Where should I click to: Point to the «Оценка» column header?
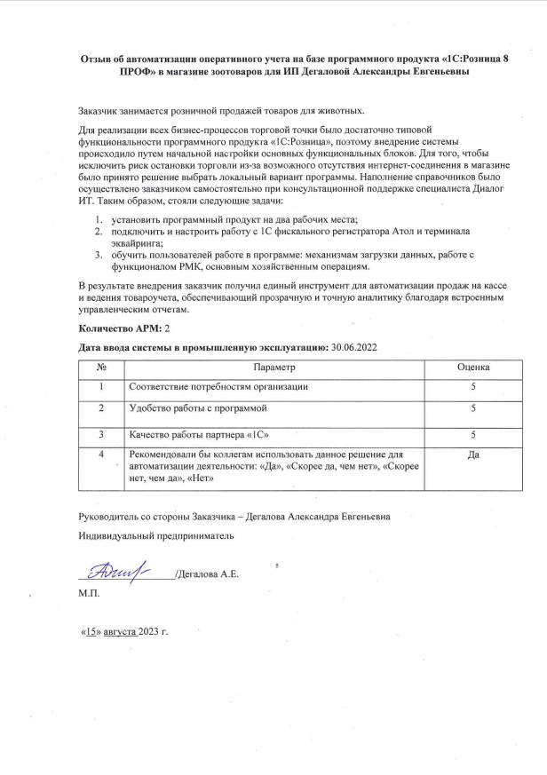[x=473, y=367]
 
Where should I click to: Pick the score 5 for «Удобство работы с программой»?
[x=473, y=407]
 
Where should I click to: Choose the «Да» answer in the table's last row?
[x=473, y=455]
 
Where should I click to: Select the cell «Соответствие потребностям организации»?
[x=218, y=387]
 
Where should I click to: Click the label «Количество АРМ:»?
[x=115, y=328]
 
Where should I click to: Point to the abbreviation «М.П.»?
[x=90, y=591]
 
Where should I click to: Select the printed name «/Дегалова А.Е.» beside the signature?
[x=206, y=574]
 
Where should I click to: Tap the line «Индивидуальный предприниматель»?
[x=156, y=537]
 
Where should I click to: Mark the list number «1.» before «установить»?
[x=99, y=218]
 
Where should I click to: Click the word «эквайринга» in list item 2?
[x=136, y=241]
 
